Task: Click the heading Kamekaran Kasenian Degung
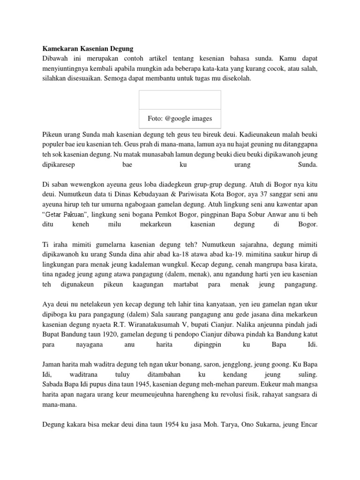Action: [88, 48]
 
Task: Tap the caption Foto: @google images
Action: [180, 118]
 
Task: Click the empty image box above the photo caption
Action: [180, 100]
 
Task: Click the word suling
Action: [307, 375]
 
